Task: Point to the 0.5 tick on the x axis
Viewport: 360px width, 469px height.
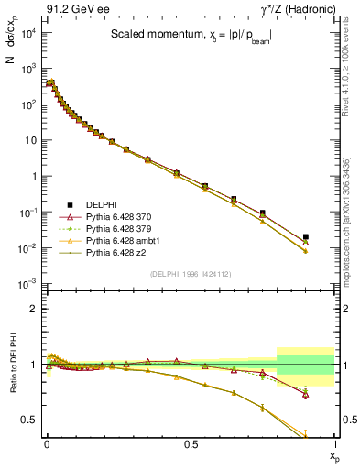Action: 191,445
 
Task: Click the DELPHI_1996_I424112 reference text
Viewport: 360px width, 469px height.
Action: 190,272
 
